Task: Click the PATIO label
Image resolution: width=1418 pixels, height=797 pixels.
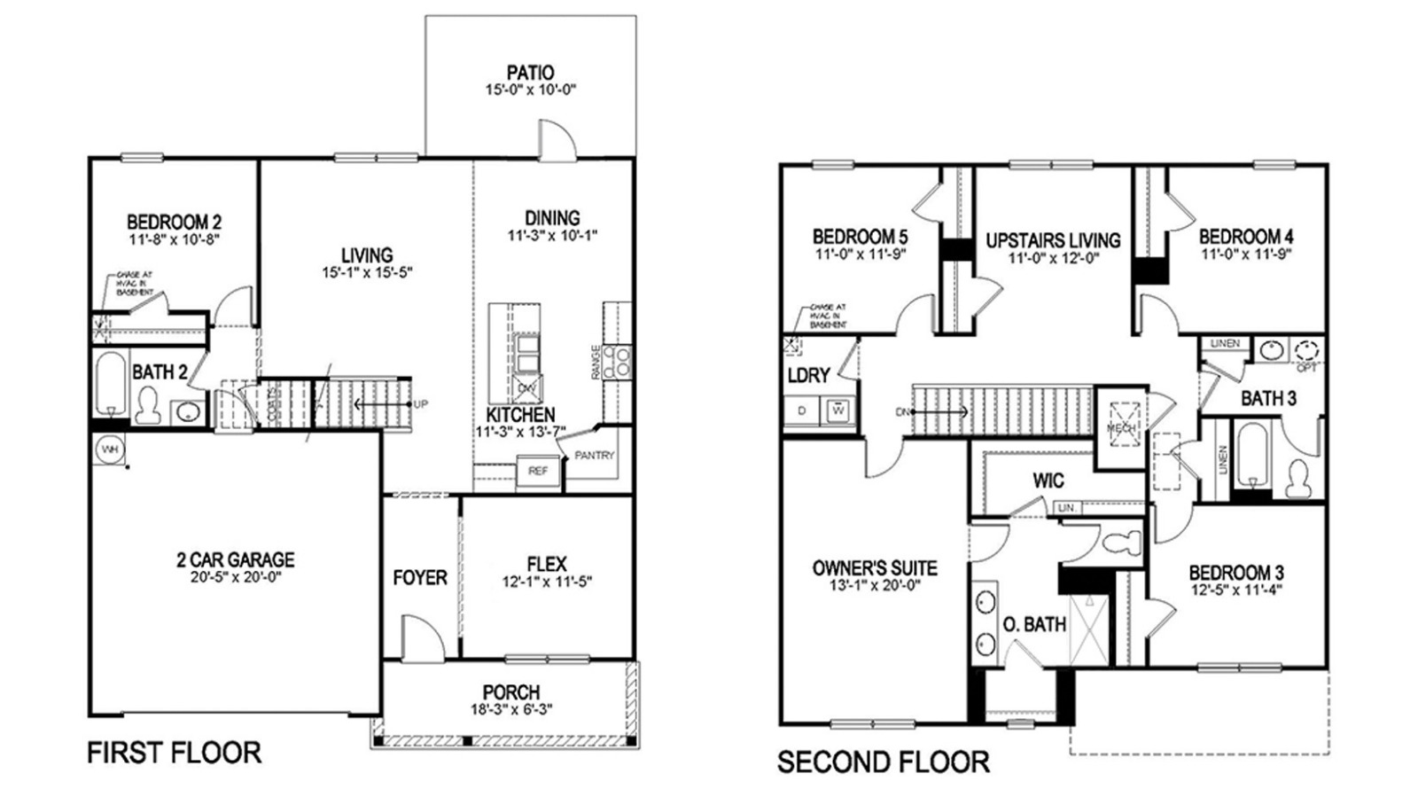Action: pos(530,73)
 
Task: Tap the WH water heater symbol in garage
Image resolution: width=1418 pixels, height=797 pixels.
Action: pos(109,449)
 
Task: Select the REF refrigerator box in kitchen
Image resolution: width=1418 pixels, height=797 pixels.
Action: pos(538,472)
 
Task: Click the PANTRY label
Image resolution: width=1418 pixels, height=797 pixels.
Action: pos(594,456)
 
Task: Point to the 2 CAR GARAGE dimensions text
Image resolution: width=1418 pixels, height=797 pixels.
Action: pos(235,576)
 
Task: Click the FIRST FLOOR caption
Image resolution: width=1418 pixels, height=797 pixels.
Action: pos(174,753)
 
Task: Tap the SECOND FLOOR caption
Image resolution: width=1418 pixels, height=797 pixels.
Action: pos(883,761)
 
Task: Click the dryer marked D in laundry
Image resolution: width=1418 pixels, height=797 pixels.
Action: pos(803,411)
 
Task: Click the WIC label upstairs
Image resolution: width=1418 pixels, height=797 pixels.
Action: pos(1048,481)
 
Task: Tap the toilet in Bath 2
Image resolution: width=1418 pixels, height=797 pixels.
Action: pos(147,406)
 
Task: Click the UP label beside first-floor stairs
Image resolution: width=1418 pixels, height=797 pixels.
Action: pos(420,404)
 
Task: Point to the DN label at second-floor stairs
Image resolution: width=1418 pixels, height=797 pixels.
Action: pos(902,412)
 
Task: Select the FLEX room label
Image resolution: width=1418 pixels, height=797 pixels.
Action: pos(546,564)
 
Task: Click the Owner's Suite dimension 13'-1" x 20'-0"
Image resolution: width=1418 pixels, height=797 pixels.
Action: pos(874,586)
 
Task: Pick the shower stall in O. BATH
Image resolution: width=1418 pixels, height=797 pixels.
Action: pos(1087,630)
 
